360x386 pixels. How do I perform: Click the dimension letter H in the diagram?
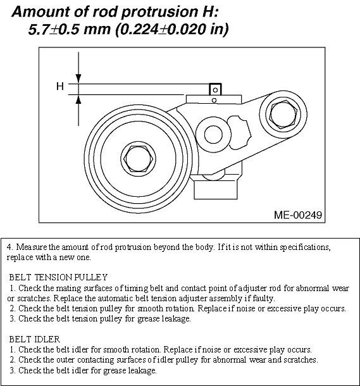coord(60,86)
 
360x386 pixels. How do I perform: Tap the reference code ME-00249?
coord(297,215)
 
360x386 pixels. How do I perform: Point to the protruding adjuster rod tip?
coord(215,89)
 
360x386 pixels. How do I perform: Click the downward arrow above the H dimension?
coord(78,68)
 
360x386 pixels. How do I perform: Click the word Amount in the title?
coord(41,11)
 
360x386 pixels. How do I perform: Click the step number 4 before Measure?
coord(9,247)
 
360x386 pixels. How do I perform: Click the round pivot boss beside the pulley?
coord(210,134)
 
